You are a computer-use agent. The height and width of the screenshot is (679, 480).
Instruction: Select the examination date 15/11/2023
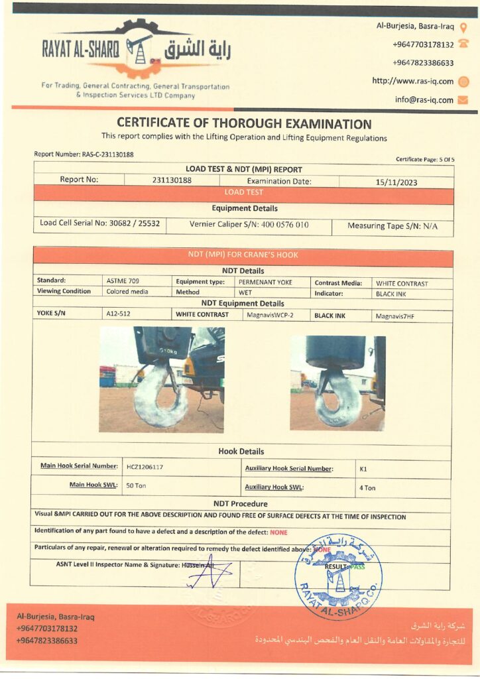coord(396,181)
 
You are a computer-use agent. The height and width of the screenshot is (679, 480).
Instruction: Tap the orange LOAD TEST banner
coord(243,192)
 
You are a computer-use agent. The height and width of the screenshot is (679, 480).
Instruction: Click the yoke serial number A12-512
coord(119,314)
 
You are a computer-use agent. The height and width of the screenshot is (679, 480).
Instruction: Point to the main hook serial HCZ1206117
coord(145,467)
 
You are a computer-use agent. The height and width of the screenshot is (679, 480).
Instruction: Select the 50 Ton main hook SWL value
coord(136,485)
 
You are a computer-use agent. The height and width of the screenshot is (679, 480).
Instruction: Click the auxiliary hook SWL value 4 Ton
coord(367,488)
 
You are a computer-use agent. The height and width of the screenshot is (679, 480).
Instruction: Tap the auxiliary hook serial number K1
coord(363,469)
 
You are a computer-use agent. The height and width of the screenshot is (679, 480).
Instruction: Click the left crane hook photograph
coord(162,380)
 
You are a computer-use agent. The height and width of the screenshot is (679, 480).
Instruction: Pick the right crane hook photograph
coord(337,383)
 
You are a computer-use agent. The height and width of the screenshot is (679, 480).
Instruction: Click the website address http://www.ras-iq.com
coord(412,81)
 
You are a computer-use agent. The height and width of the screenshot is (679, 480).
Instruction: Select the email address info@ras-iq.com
coord(424,100)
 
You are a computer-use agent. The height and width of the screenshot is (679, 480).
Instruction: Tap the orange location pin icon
coord(463,28)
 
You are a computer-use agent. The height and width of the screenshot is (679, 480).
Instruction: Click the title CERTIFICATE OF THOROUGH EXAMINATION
coord(244,123)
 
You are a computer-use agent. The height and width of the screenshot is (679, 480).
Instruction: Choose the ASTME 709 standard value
coord(123,281)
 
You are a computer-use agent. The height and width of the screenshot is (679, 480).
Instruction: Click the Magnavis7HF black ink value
coord(394,316)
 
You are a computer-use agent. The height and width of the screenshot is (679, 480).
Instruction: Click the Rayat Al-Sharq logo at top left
coord(137,50)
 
